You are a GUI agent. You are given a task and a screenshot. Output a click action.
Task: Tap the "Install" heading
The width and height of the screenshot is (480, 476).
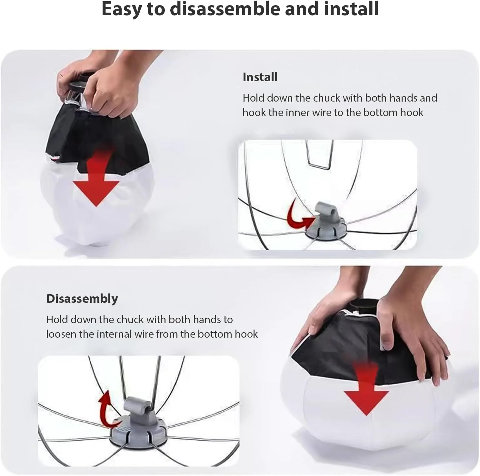(260, 77)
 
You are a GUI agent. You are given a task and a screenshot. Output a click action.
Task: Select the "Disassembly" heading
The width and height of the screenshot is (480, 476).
(82, 299)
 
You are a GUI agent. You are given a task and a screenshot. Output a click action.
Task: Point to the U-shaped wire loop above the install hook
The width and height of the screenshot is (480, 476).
(318, 167)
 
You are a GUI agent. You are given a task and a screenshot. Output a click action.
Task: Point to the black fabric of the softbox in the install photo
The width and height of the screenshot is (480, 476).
(94, 132)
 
